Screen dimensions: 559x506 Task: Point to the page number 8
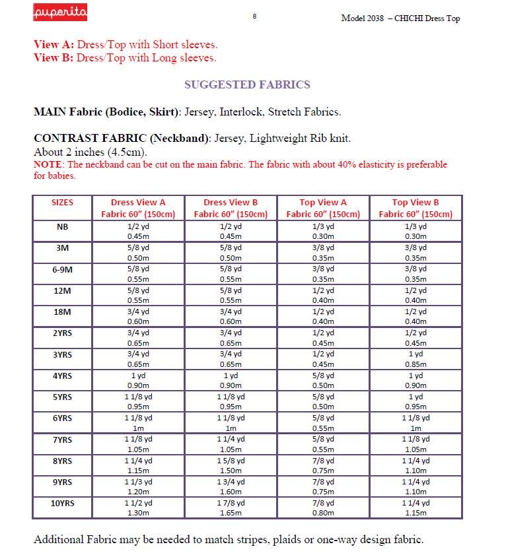[x=254, y=16]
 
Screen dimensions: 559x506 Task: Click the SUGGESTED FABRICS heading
[x=246, y=84]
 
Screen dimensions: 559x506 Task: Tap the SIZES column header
[x=62, y=202]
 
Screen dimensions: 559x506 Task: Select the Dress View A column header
[x=138, y=208]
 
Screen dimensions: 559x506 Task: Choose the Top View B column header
[x=415, y=208]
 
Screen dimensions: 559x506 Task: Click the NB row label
[x=62, y=226]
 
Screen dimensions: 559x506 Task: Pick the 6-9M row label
[x=62, y=269]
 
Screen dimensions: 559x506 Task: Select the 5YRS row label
[x=62, y=397]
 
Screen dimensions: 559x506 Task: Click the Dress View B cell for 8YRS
[x=231, y=465]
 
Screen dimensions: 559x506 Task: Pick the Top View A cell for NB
[x=323, y=231]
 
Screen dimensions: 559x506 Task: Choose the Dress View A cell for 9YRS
[x=138, y=487]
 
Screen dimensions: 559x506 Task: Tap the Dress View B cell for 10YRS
[x=231, y=508]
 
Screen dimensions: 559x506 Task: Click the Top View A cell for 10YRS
[x=323, y=508]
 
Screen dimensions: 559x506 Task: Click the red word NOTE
[x=48, y=164]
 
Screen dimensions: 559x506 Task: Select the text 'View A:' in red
[x=54, y=45]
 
